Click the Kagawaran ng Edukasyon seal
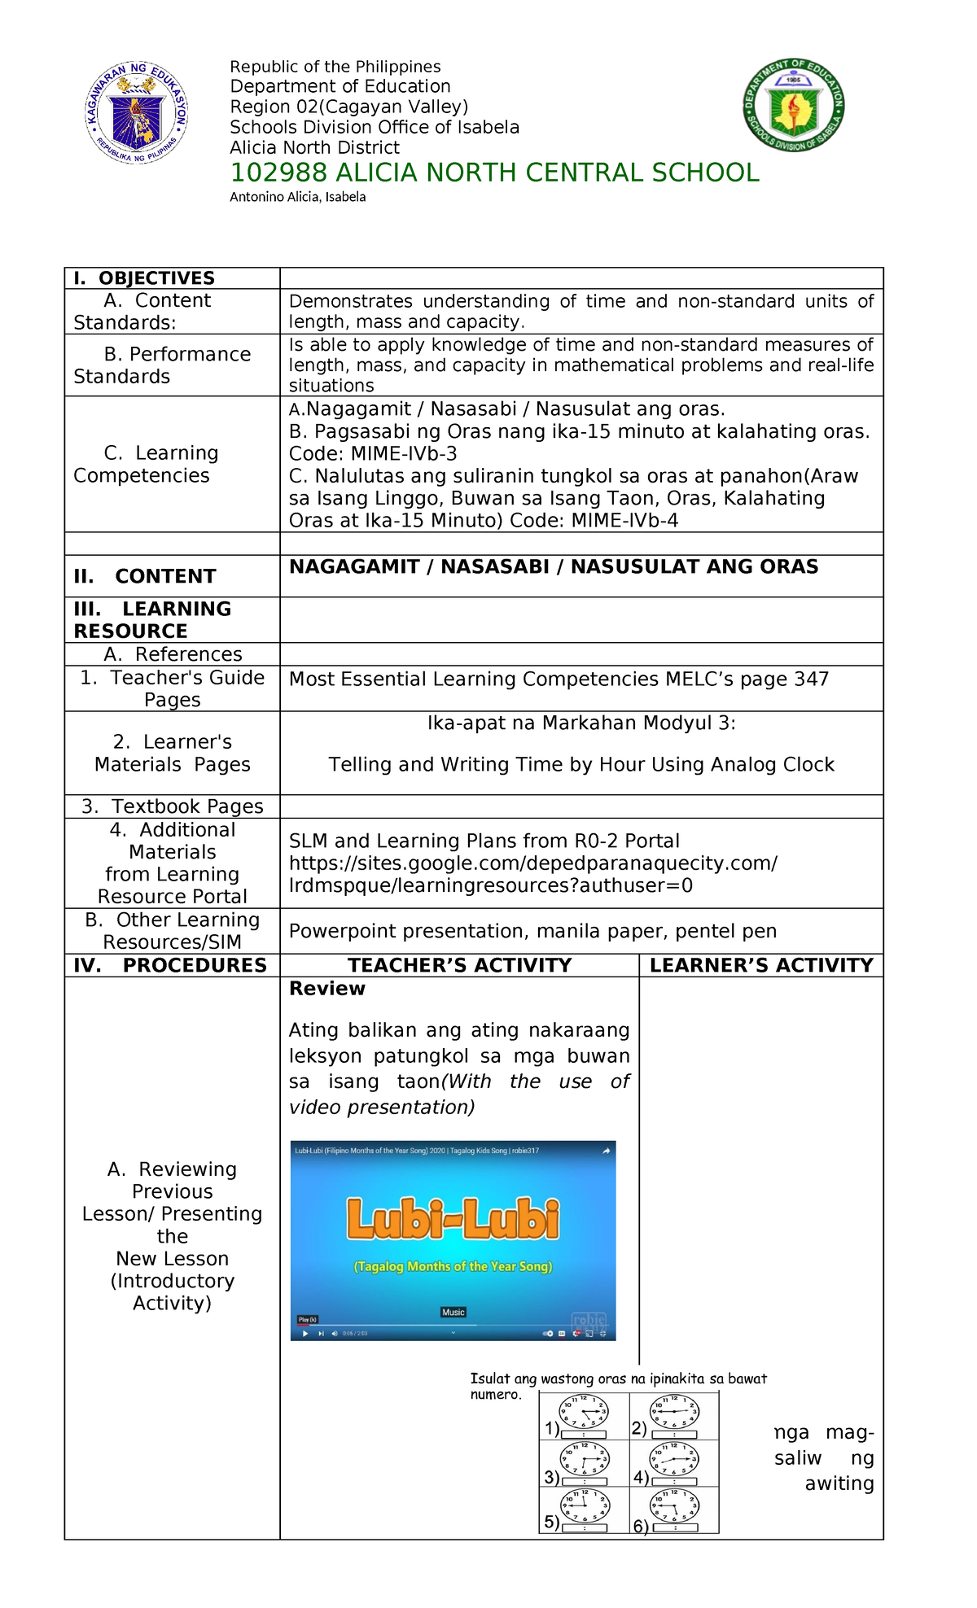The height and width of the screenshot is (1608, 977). [x=137, y=113]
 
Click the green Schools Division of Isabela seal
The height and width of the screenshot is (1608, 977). [x=793, y=105]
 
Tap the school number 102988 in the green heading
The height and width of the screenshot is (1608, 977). [x=278, y=173]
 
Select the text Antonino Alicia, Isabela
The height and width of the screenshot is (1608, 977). [x=297, y=197]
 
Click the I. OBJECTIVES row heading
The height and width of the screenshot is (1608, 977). [x=144, y=278]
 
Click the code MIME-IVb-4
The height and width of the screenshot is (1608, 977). [x=625, y=521]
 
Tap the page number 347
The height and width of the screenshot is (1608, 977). [x=812, y=679]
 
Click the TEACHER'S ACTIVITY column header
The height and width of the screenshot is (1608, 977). [x=459, y=965]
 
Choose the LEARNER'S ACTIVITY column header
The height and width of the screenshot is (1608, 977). [x=761, y=965]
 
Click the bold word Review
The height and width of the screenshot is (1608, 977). [x=327, y=989]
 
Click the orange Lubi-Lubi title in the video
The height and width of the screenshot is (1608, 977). [x=453, y=1219]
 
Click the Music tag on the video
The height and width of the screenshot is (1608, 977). [x=453, y=1312]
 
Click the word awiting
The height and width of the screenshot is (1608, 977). [x=839, y=1483]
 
